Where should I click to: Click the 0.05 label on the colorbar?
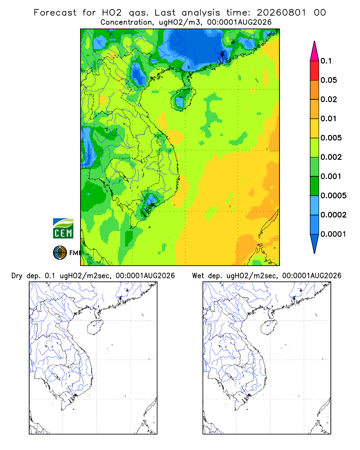coord(328,80)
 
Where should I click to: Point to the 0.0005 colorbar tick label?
coord(333,195)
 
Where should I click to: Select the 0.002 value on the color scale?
coord(331,157)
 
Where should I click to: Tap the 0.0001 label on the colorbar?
coord(333,234)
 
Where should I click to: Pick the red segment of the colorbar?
coord(315,71)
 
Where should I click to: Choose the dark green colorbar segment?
coord(315,186)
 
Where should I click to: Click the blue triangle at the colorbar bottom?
coord(315,243)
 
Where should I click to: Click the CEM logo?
coord(63,229)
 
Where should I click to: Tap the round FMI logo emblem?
coord(60,252)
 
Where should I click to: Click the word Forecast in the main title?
coord(55,13)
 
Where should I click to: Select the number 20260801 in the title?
coord(281,13)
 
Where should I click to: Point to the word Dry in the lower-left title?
coord(17,276)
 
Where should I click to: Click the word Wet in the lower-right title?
coord(198,276)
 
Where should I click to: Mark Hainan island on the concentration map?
coord(183,99)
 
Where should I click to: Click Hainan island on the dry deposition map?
coord(95,327)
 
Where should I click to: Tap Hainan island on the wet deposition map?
coord(269,327)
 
